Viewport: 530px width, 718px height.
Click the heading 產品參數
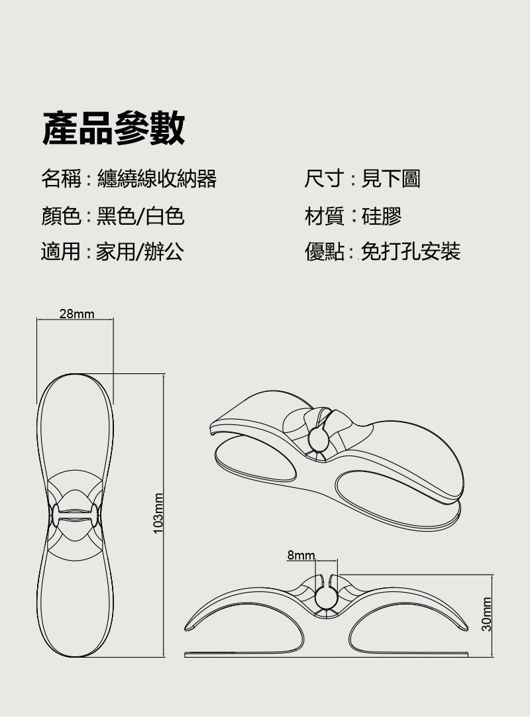(x=113, y=128)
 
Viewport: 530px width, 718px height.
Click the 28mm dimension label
(x=77, y=314)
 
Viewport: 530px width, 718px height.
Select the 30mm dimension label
(x=487, y=614)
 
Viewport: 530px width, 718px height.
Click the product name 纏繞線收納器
(x=156, y=178)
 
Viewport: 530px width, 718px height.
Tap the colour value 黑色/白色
(x=140, y=215)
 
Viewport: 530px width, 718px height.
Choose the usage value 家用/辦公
(x=140, y=252)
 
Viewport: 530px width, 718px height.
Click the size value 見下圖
(x=391, y=178)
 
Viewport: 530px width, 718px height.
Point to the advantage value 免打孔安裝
(x=410, y=252)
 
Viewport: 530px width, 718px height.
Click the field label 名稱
(x=61, y=178)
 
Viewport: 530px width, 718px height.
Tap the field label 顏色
(x=61, y=215)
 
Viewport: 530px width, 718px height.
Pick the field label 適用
(x=61, y=252)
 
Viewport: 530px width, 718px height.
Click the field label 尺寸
(x=324, y=178)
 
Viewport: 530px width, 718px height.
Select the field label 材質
(x=324, y=215)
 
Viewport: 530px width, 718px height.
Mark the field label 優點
(x=324, y=252)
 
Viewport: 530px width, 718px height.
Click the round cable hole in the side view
(x=325, y=597)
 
